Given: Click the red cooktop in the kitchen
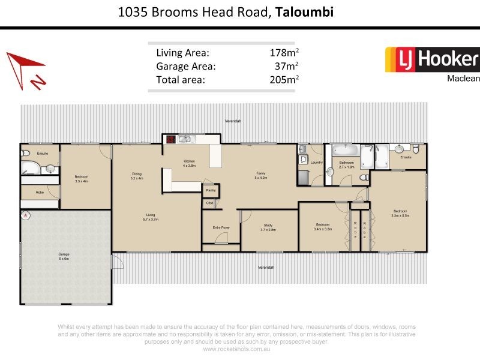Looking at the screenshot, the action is [170, 139].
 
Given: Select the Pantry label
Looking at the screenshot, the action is [211, 190].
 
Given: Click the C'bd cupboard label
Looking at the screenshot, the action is [210, 203].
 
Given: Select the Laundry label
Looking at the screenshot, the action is [317, 162].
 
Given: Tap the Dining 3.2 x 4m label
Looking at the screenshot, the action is [136, 176].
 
